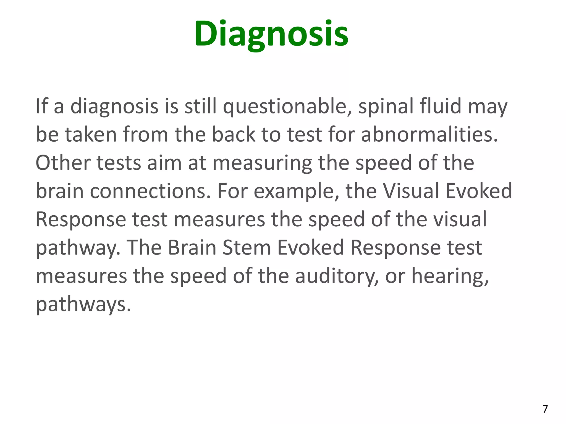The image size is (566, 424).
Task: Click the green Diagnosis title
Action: coord(271,34)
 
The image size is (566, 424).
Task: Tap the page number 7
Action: coord(545,409)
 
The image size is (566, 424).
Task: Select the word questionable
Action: coord(287,107)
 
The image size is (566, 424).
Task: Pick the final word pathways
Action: coord(83,305)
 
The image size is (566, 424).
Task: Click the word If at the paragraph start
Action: coord(41,106)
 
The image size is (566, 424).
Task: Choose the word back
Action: coord(234,135)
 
